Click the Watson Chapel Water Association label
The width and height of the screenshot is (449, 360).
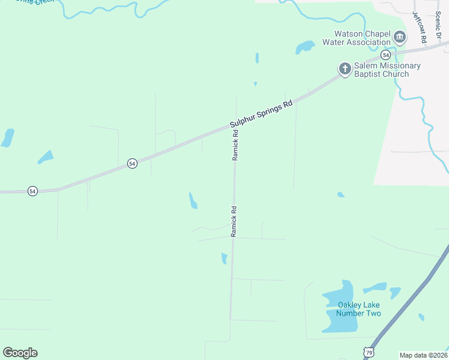coord(357,38)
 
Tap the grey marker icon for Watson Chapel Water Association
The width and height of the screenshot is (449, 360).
coord(400,38)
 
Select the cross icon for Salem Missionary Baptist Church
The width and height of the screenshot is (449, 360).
coord(345,69)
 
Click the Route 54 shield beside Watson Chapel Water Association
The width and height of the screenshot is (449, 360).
coord(385,55)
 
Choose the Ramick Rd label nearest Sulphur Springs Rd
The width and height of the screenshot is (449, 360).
coord(236,145)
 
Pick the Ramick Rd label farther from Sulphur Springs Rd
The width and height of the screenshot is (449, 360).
coord(234,221)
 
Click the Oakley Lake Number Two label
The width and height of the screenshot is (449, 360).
coord(358,309)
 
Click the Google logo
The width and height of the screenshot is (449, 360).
coord(20,353)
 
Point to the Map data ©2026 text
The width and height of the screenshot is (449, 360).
coord(423,355)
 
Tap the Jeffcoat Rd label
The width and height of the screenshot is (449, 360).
coord(418,26)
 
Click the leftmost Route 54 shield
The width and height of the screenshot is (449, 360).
coord(32,191)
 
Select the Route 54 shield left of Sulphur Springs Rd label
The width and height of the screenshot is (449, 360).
coord(132,163)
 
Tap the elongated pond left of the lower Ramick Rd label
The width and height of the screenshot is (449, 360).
coord(193,200)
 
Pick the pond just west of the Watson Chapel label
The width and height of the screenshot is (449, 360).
coord(304,46)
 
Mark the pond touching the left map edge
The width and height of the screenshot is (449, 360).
coord(7,138)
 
